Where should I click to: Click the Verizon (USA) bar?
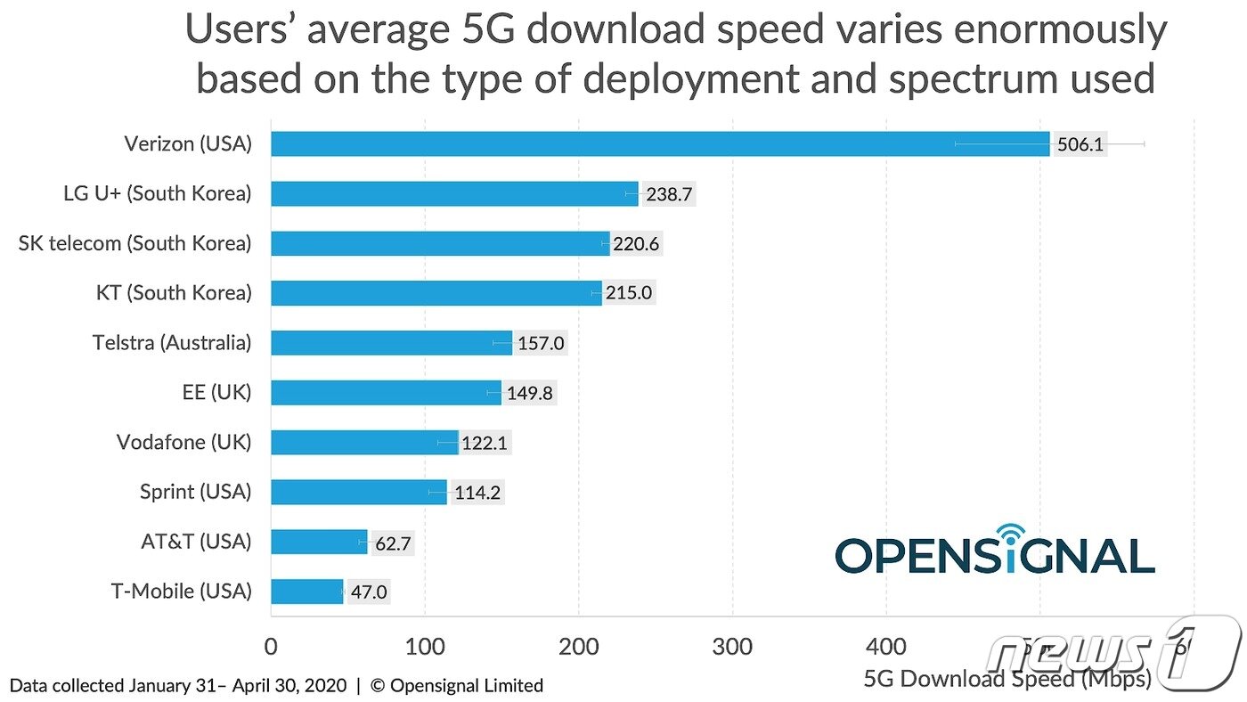pyautogui.click(x=659, y=144)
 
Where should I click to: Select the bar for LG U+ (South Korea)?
pyautogui.click(x=454, y=194)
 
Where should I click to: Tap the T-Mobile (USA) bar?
pyautogui.click(x=306, y=592)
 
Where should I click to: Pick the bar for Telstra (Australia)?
pyautogui.click(x=392, y=343)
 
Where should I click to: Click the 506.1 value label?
pyautogui.click(x=1080, y=144)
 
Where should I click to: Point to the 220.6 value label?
pyautogui.click(x=636, y=244)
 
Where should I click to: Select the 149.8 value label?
pyautogui.click(x=531, y=393)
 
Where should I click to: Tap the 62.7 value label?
pyautogui.click(x=392, y=543)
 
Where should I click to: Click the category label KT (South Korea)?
pyautogui.click(x=173, y=292)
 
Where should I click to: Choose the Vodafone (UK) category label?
pyautogui.click(x=184, y=442)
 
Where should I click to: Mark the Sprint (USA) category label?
pyautogui.click(x=196, y=491)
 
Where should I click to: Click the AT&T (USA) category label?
pyautogui.click(x=196, y=541)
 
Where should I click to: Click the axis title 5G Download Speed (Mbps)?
pyautogui.click(x=1007, y=679)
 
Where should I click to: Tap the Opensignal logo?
pyautogui.click(x=994, y=552)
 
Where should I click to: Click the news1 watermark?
pyautogui.click(x=1113, y=652)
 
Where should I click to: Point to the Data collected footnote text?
pyautogui.click(x=276, y=686)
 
